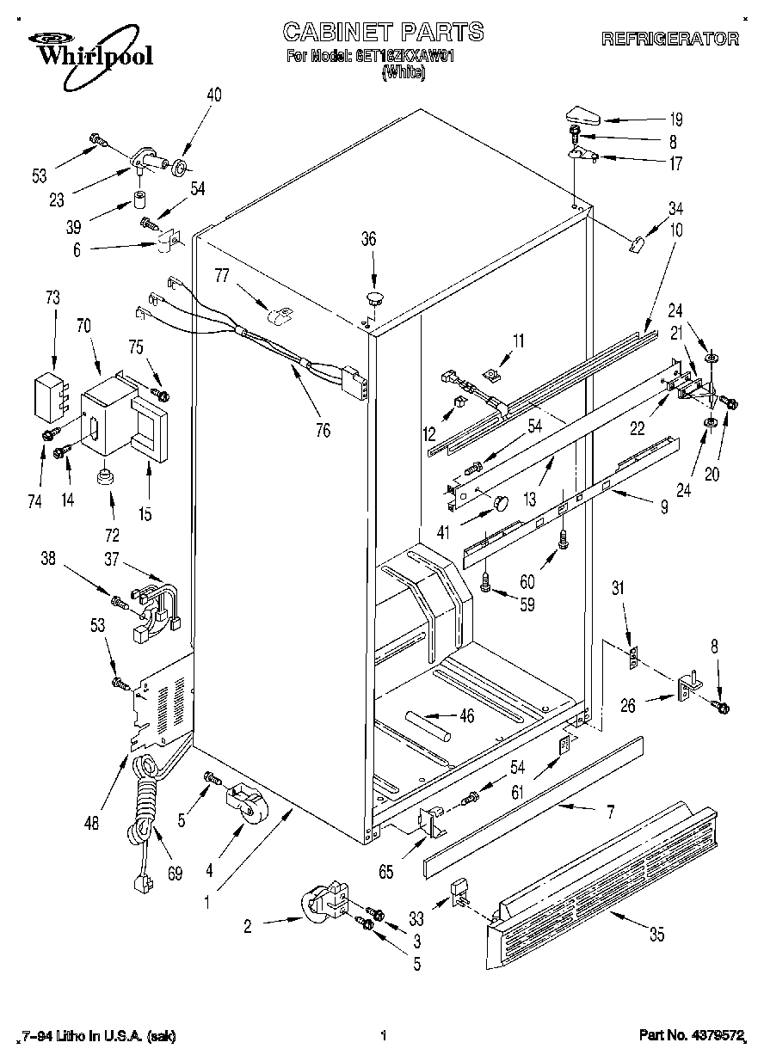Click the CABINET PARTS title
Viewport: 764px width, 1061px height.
click(383, 32)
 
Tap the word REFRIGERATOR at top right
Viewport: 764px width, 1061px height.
click(669, 39)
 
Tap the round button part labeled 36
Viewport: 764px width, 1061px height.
click(373, 298)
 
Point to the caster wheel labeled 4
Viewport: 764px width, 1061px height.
click(245, 800)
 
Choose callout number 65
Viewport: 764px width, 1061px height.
click(386, 872)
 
